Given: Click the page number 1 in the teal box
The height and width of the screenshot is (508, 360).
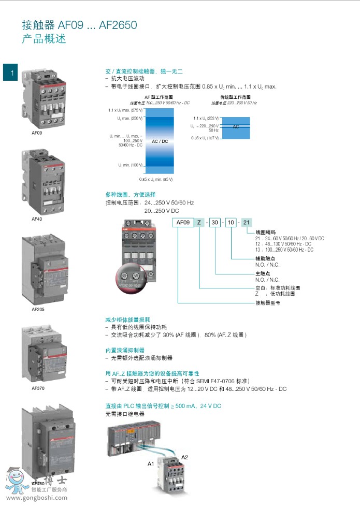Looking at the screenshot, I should tap(10, 72).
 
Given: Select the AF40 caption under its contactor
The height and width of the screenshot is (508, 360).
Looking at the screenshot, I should tap(37, 219).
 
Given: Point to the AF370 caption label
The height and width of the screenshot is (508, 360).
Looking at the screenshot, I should tap(38, 387).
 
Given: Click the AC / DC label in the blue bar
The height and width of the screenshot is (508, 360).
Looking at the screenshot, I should tap(160, 141).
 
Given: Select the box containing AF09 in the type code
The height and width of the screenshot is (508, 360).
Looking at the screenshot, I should tap(183, 222).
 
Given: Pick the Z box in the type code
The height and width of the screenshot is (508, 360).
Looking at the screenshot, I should tap(198, 222).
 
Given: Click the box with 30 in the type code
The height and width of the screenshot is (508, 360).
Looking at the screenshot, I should tap(215, 222).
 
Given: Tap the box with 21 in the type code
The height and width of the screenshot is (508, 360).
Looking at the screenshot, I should tap(247, 222).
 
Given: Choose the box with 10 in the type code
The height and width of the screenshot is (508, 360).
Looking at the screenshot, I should tap(231, 222).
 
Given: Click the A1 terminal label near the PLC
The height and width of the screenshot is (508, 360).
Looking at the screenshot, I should tap(151, 464).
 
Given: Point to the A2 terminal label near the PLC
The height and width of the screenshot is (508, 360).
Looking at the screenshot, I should tap(184, 457).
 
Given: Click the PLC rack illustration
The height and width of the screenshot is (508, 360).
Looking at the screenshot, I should tap(129, 441).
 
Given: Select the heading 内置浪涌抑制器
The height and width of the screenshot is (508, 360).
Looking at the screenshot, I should tap(125, 351).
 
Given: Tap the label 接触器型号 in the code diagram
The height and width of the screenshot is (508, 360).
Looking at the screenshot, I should tap(268, 303).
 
